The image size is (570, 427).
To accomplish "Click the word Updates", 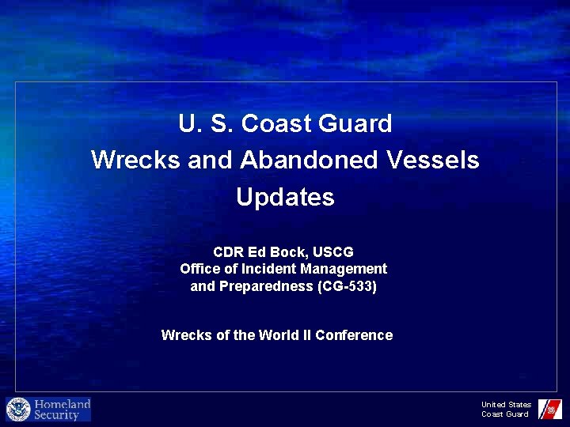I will pyautogui.click(x=285, y=197).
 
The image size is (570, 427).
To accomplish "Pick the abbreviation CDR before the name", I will pyautogui.click(x=228, y=253).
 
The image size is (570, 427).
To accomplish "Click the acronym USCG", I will pyautogui.click(x=332, y=253).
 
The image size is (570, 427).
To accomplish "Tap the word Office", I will pyautogui.click(x=200, y=269).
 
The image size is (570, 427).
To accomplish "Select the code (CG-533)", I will pyautogui.click(x=346, y=286).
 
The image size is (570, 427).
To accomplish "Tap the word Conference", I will pyautogui.click(x=354, y=335).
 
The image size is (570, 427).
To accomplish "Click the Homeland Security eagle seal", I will pyautogui.click(x=18, y=410).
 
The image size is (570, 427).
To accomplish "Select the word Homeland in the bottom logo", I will pyautogui.click(x=63, y=404).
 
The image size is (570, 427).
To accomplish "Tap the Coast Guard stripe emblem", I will pyautogui.click(x=549, y=409).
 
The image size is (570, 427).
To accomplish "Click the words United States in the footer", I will pyautogui.click(x=506, y=405).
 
